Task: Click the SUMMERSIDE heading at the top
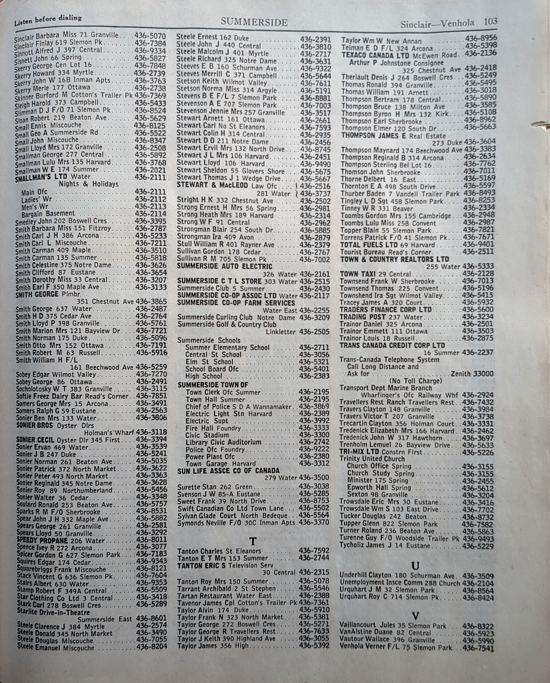tap(254, 22)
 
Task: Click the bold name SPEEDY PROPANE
tap(42, 540)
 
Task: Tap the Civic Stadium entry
tap(207, 435)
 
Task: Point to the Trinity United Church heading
tap(372, 459)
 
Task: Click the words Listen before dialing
tap(48, 20)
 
